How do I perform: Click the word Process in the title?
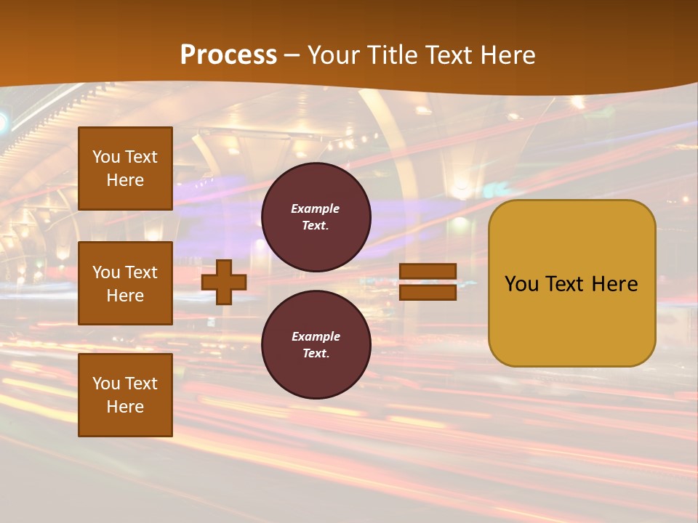coord(228,55)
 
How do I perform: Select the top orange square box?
coord(125,169)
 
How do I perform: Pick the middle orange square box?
coord(125,283)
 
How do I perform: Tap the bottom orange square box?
coord(125,395)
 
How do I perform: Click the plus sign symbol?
coord(224,283)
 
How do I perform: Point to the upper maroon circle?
coord(316,217)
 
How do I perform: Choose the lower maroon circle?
coord(316,345)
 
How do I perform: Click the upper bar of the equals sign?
coord(428,272)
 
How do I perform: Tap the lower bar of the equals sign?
coord(428,293)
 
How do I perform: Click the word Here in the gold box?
coord(614,284)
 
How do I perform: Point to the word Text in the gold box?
coord(567,284)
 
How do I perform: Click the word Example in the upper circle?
coord(316,208)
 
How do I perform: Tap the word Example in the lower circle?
coord(316,336)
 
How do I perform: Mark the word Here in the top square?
coord(125,180)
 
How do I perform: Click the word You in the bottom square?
coord(106,384)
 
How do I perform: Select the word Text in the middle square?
coord(140,272)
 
